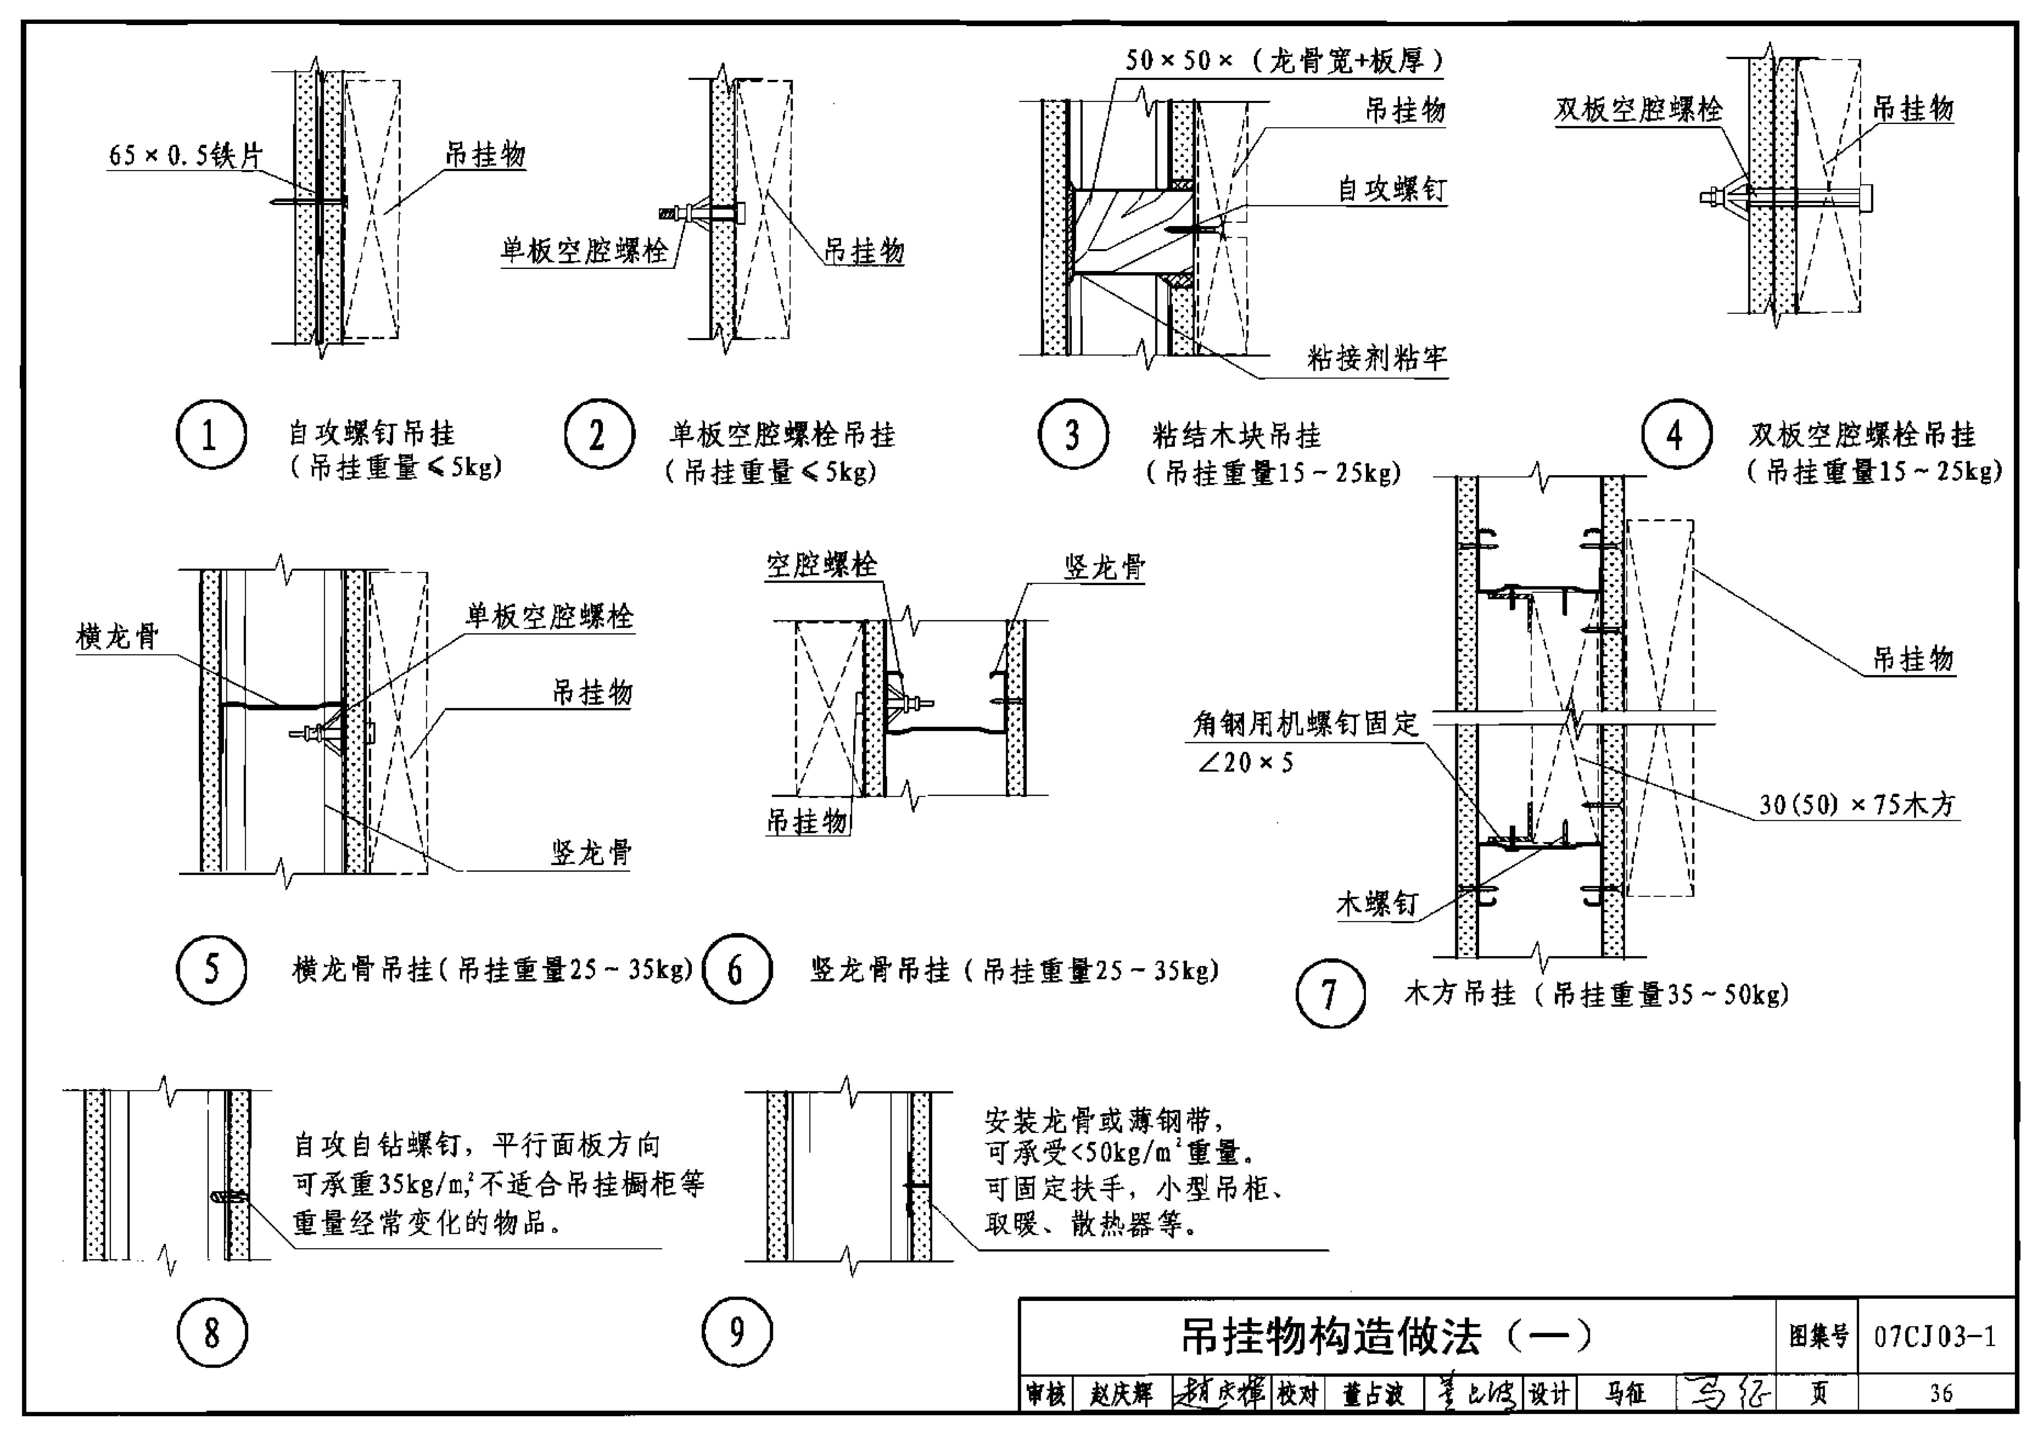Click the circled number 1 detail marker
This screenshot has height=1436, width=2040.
coord(210,434)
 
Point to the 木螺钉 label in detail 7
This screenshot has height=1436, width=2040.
coord(1376,905)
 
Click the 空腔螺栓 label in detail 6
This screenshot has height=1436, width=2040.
coord(822,564)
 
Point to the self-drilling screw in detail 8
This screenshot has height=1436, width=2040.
coord(226,1196)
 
